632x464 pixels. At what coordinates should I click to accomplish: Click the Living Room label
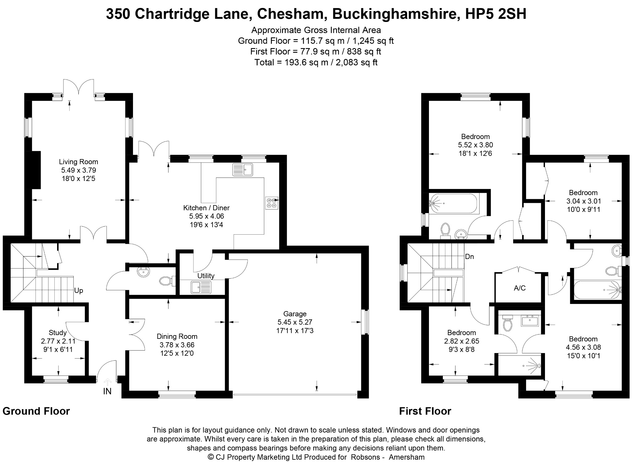coord(78,162)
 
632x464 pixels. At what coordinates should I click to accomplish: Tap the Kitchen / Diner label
coord(206,208)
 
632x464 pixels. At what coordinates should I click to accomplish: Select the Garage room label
coord(295,314)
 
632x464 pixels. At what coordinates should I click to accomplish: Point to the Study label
coord(58,333)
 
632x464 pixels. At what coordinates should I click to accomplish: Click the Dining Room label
coord(177,336)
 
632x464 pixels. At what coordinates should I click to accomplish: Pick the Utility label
coord(206,276)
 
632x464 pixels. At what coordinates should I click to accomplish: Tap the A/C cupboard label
coord(520,288)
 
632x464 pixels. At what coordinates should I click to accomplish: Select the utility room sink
coord(201,287)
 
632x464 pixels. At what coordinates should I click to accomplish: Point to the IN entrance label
coord(107,391)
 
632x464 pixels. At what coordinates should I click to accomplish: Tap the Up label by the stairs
coord(79,290)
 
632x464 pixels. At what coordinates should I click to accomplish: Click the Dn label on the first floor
coord(469,257)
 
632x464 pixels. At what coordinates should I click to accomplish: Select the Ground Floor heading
coord(36,411)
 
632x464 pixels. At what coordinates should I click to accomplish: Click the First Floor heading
coord(425,411)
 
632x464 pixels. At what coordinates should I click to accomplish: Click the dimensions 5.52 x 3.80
coord(476,145)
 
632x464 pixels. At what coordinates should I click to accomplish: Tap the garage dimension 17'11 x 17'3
coord(295,331)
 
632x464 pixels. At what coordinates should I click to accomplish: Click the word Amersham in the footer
coord(407,457)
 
